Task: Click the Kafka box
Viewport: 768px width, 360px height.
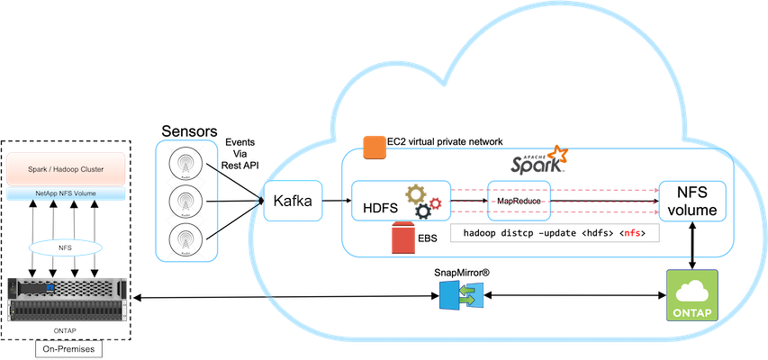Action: coord(293,202)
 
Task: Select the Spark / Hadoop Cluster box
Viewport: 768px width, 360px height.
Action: coord(66,168)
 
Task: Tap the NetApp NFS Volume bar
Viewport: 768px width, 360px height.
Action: coord(66,193)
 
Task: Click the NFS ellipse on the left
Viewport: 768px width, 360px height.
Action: coord(65,247)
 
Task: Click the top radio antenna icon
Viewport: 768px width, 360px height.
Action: coord(186,162)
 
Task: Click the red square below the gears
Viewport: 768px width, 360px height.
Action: coord(402,238)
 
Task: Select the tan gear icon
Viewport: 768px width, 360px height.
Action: coord(416,193)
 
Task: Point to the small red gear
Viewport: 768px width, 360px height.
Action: coord(436,204)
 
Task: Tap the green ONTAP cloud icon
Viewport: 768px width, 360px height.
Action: coord(691,294)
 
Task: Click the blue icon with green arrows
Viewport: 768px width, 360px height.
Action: coord(461,295)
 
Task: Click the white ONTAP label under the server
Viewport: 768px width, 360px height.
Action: coord(65,330)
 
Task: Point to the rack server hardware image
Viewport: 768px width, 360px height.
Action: coord(66,299)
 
